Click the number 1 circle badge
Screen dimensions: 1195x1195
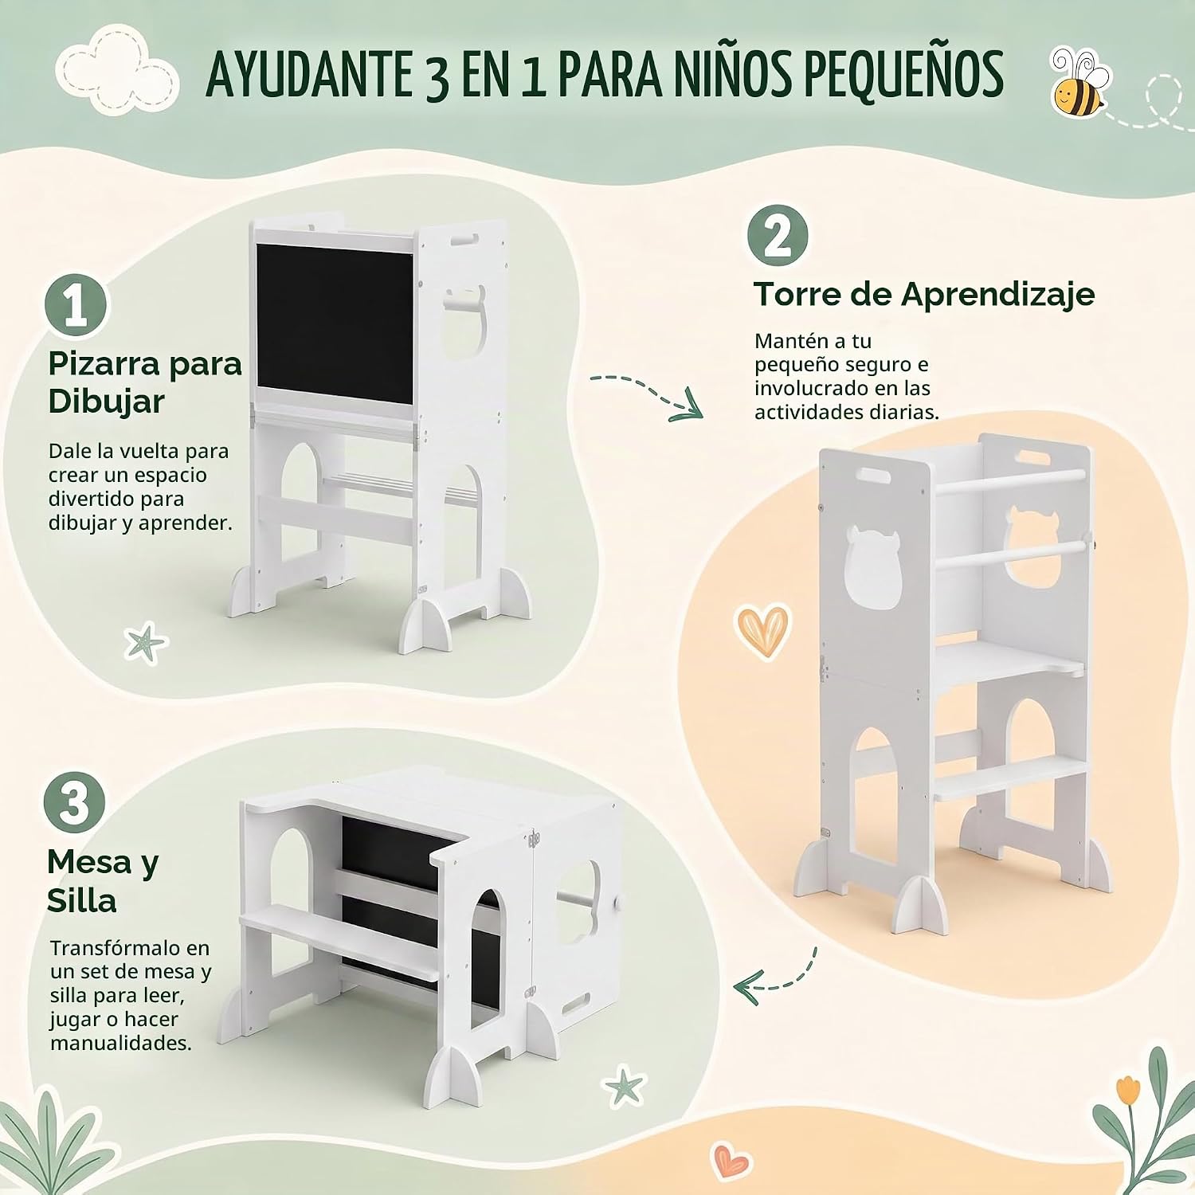click(x=76, y=306)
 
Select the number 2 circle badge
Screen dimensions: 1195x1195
click(x=778, y=236)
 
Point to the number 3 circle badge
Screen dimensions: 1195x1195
click(x=74, y=803)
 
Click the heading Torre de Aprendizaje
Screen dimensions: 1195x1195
click(x=924, y=295)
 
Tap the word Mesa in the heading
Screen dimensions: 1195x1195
click(x=88, y=862)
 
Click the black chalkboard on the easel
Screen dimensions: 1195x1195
click(x=335, y=324)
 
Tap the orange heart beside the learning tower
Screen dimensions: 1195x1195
click(x=762, y=630)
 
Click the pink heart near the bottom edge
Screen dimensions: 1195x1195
click(x=730, y=1160)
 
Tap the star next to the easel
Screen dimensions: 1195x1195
click(x=146, y=644)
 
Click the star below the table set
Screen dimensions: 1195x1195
click(x=622, y=1086)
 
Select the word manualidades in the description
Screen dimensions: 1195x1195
click(x=121, y=1043)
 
